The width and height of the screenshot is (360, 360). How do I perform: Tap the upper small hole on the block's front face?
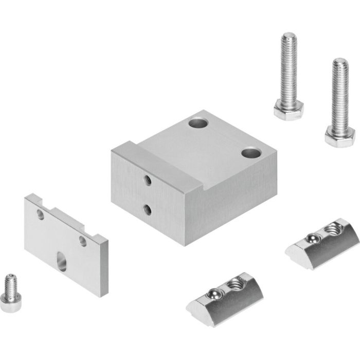point(148,180)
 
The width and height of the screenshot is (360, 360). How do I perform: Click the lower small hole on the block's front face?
point(148,209)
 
